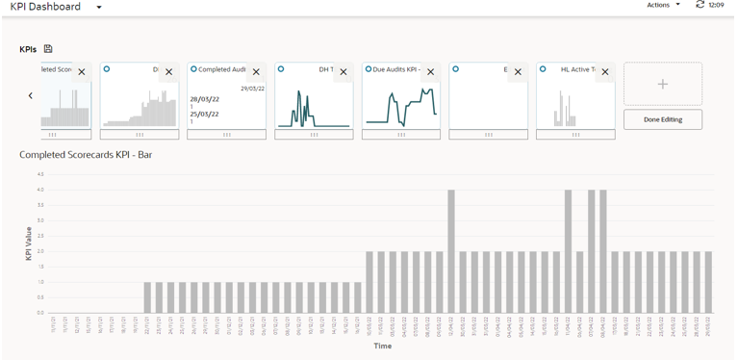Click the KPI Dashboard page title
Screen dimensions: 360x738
tap(45, 7)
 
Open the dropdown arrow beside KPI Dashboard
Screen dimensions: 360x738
tap(99, 8)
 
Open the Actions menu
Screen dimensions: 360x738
tap(663, 5)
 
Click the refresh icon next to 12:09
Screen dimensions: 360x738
tap(700, 5)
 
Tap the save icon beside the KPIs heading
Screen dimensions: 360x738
tap(48, 49)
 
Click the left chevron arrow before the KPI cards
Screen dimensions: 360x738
tap(31, 95)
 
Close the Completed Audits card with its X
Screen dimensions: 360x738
tap(256, 72)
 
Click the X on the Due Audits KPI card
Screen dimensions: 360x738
tap(430, 72)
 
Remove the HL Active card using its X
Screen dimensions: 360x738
tap(604, 72)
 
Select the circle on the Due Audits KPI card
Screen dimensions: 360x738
tap(369, 69)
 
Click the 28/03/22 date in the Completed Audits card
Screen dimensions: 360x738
tap(204, 99)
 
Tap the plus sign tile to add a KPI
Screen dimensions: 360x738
tap(662, 85)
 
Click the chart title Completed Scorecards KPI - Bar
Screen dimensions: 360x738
tap(86, 154)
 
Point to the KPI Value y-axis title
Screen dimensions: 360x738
tap(28, 243)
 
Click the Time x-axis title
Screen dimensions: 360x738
tap(383, 346)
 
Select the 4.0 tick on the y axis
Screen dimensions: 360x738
tap(39, 190)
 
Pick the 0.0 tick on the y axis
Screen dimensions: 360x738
tap(39, 313)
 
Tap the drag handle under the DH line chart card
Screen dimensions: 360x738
tap(314, 135)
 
